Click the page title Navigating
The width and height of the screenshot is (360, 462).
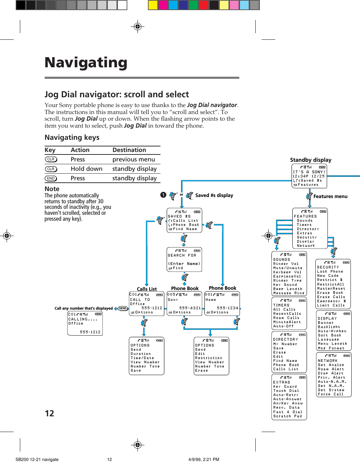tap(86, 63)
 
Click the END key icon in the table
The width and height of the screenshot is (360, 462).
tap(51, 179)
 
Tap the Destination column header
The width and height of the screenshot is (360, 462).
tap(129, 150)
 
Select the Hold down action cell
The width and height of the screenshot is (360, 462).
tap(87, 169)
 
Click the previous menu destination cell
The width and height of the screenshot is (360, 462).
tap(133, 159)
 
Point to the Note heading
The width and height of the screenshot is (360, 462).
tap(52, 189)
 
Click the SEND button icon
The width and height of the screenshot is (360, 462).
tap(123, 308)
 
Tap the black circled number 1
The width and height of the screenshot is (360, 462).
tap(163, 195)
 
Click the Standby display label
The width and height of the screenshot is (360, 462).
tap(310, 160)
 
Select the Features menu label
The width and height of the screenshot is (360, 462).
tap(330, 196)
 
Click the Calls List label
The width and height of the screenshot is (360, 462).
tap(147, 289)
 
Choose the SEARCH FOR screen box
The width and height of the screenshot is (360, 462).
tap(184, 259)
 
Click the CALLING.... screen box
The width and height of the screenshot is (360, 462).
tap(85, 324)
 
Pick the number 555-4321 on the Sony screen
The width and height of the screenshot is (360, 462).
tap(190, 308)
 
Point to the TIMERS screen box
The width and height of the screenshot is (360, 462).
tap(289, 313)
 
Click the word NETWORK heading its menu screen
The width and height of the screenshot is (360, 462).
tap(328, 361)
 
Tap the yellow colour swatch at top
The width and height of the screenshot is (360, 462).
tap(153, 5)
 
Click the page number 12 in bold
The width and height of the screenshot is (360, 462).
tap(50, 414)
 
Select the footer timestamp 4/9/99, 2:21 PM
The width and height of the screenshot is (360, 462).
tap(204, 460)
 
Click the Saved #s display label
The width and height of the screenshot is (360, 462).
tap(214, 195)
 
